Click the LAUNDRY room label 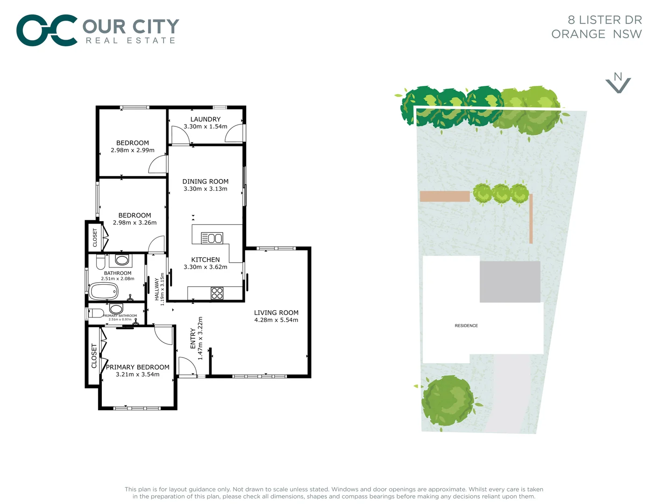205,119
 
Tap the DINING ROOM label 205,182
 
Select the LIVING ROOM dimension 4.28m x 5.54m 276,320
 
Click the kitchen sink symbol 212,238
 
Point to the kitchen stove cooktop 217,293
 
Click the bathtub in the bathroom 104,292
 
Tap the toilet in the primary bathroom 96,313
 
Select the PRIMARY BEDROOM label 137,367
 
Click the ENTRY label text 193,338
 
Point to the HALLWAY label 157,289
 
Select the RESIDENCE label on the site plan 466,326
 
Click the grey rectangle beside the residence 510,281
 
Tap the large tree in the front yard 448,400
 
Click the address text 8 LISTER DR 604,20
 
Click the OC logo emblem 47,30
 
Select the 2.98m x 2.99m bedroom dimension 133,150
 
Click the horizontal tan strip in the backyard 445,196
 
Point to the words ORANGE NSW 597,34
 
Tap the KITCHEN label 205,259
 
